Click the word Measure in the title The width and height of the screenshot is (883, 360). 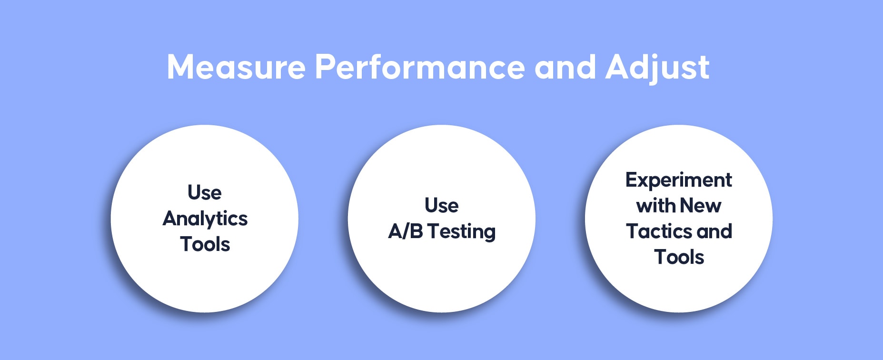click(x=236, y=67)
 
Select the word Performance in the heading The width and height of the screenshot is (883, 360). click(x=419, y=67)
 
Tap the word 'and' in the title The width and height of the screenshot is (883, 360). click(x=565, y=67)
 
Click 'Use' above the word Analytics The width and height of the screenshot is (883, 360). click(x=205, y=193)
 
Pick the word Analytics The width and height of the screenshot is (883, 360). click(x=205, y=219)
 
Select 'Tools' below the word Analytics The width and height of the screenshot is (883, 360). click(x=205, y=244)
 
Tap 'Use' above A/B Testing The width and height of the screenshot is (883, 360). click(x=442, y=206)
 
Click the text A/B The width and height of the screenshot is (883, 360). click(x=406, y=231)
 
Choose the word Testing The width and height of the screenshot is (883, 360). click(x=462, y=232)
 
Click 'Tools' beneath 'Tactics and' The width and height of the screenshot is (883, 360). click(x=679, y=257)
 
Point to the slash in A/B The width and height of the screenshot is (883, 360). click(x=405, y=231)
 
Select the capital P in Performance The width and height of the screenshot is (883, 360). click(x=325, y=67)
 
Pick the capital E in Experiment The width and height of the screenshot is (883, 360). click(x=632, y=180)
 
